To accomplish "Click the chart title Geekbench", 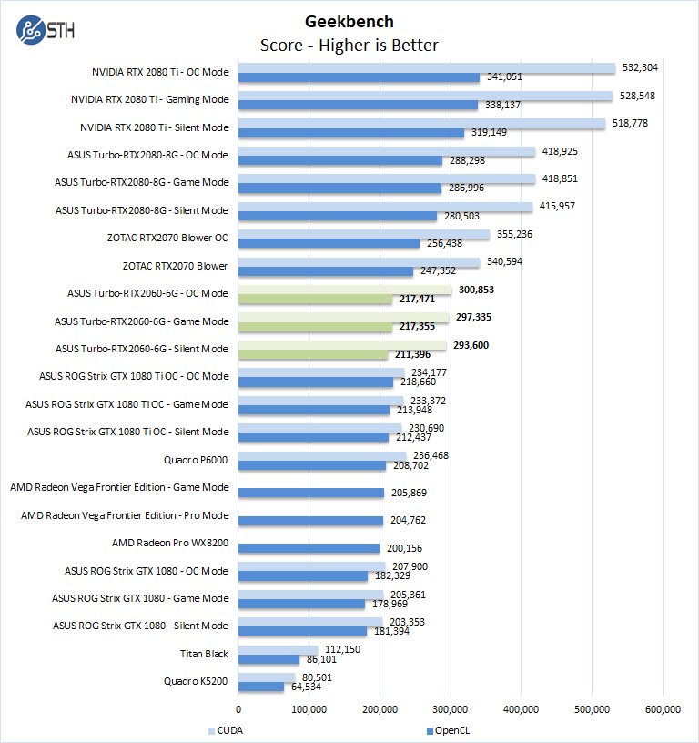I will pyautogui.click(x=349, y=21).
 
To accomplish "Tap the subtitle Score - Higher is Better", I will pyautogui.click(x=349, y=45).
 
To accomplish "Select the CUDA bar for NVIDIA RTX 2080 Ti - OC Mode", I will pyautogui.click(x=427, y=67).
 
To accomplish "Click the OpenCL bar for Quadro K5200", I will pyautogui.click(x=261, y=687).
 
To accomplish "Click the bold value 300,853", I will pyautogui.click(x=475, y=289).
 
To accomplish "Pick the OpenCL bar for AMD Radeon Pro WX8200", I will pyautogui.click(x=309, y=548).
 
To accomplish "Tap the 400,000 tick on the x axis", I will pyautogui.click(x=521, y=711).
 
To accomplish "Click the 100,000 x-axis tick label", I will pyautogui.click(x=309, y=711).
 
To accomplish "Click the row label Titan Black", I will pyautogui.click(x=205, y=654).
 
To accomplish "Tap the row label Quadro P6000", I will pyautogui.click(x=196, y=460).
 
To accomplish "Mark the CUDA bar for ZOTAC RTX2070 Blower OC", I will pyautogui.click(x=364, y=234).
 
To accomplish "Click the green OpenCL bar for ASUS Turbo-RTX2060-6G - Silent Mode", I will pyautogui.click(x=313, y=354).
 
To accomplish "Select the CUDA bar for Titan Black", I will pyautogui.click(x=279, y=649).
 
